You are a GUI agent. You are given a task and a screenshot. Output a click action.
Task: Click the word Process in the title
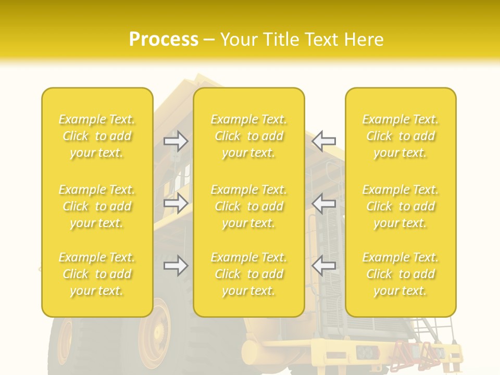click(164, 40)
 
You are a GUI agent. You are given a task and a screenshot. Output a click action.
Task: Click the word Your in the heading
click(240, 40)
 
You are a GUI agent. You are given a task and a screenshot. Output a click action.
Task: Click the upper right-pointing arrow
click(176, 141)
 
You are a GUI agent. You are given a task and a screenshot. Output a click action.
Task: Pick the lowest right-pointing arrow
click(176, 266)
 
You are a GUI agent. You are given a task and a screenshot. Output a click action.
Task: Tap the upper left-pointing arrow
click(324, 141)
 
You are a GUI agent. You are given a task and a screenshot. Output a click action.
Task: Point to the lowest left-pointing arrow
click(324, 266)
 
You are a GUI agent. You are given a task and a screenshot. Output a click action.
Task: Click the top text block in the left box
click(97, 136)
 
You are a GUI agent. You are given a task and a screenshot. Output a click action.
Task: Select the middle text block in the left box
click(97, 206)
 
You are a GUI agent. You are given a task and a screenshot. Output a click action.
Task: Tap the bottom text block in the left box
click(97, 274)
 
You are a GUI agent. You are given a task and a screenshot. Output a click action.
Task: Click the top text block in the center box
click(249, 136)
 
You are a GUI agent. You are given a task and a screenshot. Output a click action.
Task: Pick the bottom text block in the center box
click(249, 274)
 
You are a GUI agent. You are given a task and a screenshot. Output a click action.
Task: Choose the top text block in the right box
click(401, 136)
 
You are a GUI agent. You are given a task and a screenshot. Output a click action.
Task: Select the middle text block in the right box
click(401, 206)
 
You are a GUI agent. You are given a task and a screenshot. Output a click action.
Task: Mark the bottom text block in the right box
click(401, 274)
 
